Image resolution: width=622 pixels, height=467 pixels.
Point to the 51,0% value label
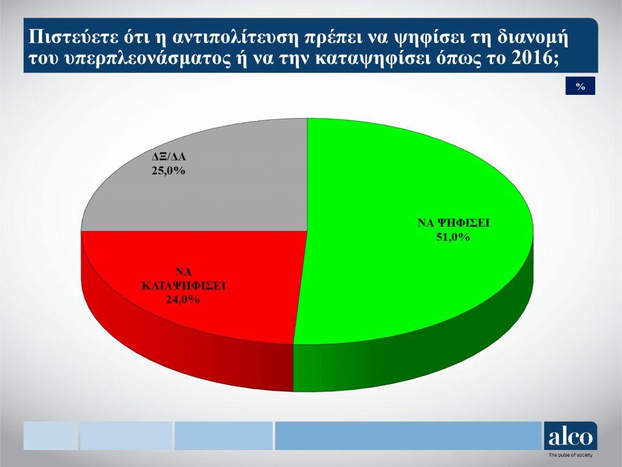pyautogui.click(x=453, y=237)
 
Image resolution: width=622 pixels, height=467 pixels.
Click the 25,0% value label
pyautogui.click(x=168, y=171)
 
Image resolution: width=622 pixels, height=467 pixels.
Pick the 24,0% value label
pyautogui.click(x=183, y=299)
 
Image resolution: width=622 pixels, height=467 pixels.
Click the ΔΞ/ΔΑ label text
pyautogui.click(x=169, y=157)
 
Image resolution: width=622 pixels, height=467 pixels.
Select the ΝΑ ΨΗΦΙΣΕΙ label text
pyautogui.click(x=453, y=223)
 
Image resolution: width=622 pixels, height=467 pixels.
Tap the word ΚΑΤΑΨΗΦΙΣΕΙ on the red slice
pyautogui.click(x=183, y=286)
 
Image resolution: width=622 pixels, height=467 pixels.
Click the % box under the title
pyautogui.click(x=580, y=86)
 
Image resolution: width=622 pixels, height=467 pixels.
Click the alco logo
pyautogui.click(x=570, y=436)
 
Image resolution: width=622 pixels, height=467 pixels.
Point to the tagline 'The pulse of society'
pyautogui.click(x=570, y=455)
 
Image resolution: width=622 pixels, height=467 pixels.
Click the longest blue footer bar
pyautogui.click(x=408, y=435)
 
